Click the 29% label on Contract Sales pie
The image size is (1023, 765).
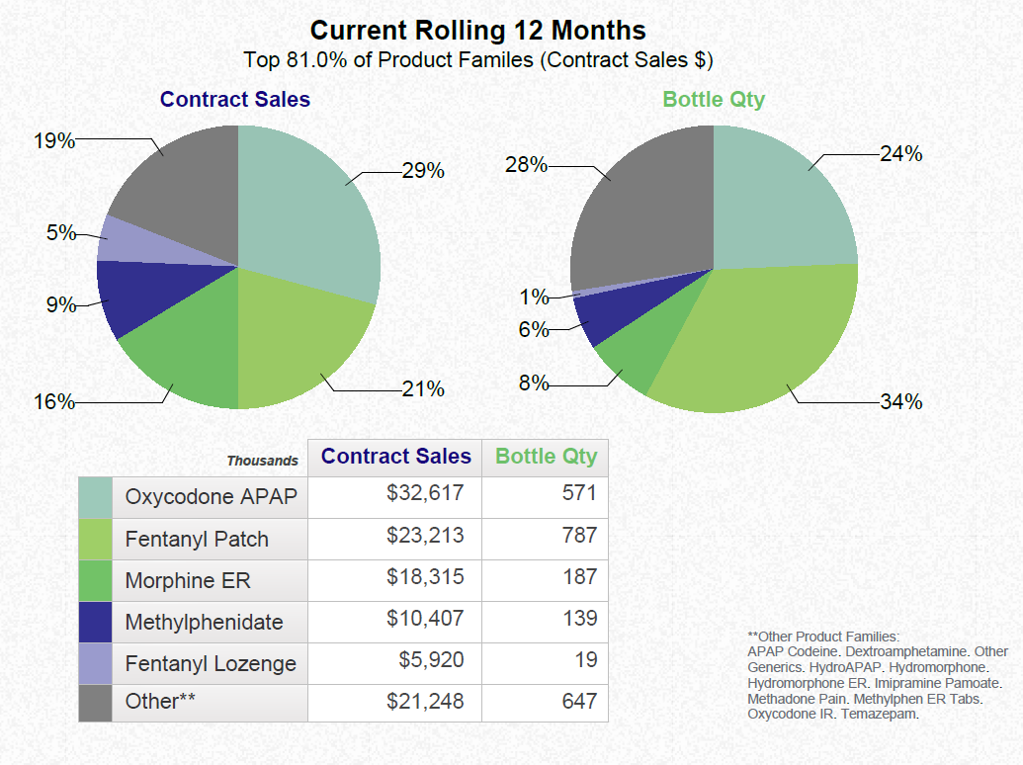coord(422,171)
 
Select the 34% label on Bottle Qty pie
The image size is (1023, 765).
coord(900,401)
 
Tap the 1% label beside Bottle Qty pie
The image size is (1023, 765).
coord(534,297)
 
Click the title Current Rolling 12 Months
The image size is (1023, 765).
coord(478,30)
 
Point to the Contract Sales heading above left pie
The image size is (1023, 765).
coord(234,100)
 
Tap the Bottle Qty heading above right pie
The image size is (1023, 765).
coord(714,100)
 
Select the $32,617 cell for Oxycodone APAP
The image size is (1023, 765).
coord(424,493)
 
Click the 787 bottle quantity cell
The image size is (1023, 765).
coord(579,536)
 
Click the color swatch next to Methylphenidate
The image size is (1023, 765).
coord(95,622)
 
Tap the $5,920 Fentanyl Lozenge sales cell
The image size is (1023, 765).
coord(431,659)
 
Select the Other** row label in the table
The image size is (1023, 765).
coord(160,702)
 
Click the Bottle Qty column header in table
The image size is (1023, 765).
coord(546,457)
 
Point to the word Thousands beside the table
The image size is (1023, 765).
coord(262,461)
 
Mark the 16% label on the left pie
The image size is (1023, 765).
coord(53,402)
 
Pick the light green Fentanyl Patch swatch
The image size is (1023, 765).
coord(95,539)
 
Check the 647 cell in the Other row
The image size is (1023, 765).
coord(579,702)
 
